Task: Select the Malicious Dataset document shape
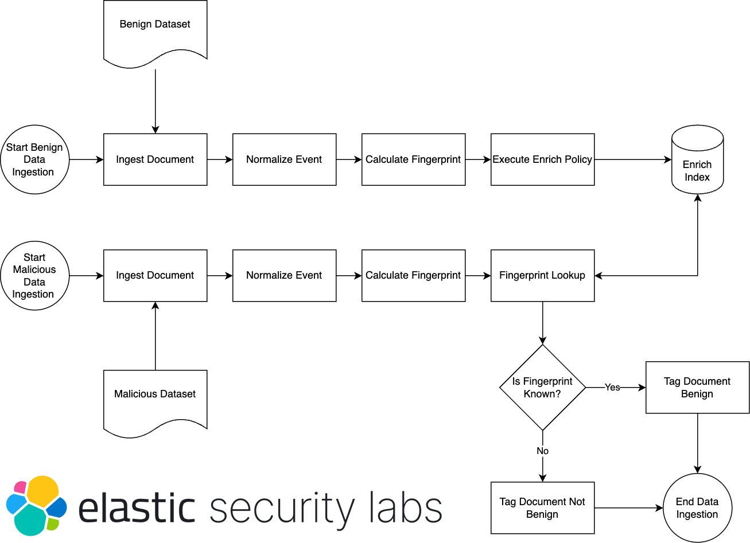[155, 399]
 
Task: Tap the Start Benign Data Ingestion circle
[34, 159]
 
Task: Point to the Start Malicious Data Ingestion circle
[34, 275]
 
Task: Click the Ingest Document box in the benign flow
[155, 159]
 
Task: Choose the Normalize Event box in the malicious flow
[284, 275]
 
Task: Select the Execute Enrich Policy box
[542, 159]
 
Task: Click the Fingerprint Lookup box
[542, 275]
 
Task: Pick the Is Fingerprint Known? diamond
[542, 387]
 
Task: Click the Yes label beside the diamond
[612, 388]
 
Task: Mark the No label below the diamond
[542, 451]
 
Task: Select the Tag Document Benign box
[697, 387]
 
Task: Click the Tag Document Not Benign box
[542, 507]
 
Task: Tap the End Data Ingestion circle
[697, 507]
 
